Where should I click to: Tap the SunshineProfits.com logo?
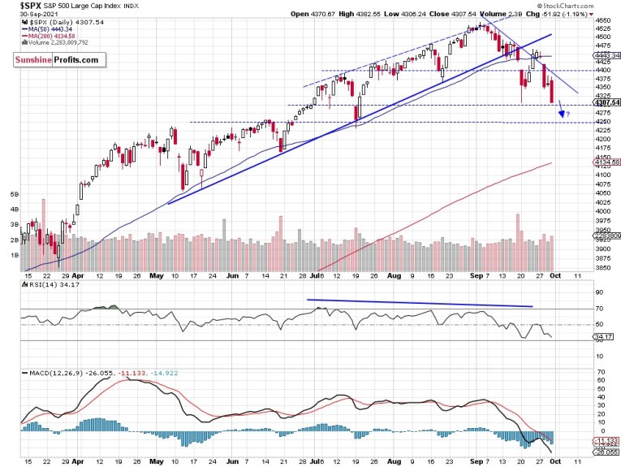(x=57, y=60)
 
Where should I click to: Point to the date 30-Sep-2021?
(x=27, y=15)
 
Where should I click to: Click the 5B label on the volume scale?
(x=14, y=195)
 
